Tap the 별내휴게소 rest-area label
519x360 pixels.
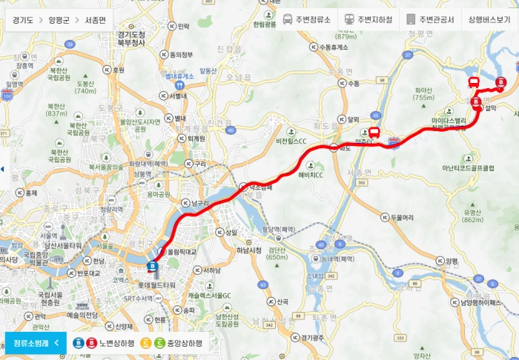[179, 76]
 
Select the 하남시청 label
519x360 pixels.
[248, 250]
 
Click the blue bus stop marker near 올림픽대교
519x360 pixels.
[153, 265]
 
